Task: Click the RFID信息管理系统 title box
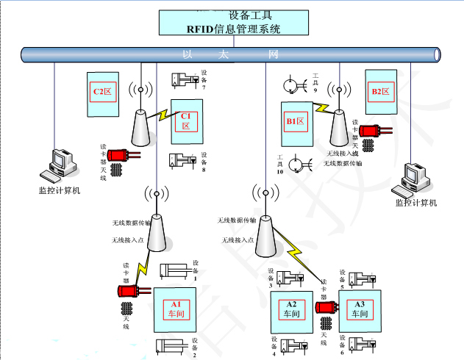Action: pos(234,22)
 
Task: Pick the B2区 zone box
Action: pos(381,92)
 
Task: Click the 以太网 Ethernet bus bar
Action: pos(231,54)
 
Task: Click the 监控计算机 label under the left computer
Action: pos(59,191)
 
